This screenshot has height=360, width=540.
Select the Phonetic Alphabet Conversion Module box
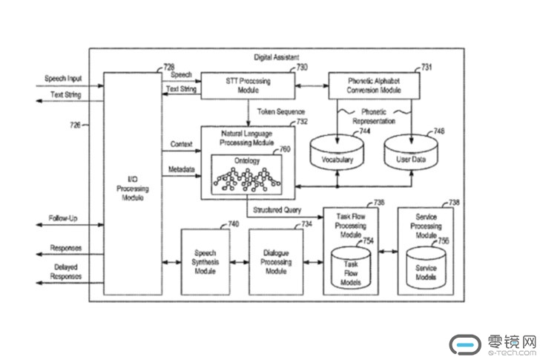[374, 85]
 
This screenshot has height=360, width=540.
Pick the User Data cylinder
[409, 153]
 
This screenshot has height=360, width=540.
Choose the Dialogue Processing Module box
[275, 262]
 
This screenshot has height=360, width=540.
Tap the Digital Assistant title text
[276, 57]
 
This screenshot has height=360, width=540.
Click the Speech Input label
[63, 79]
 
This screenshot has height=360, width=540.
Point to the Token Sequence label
[280, 112]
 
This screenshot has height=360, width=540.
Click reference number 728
[169, 68]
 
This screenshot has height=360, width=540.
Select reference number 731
[426, 68]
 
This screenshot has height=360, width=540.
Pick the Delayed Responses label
[66, 272]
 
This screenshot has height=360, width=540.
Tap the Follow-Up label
[64, 219]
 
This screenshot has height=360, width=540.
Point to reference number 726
[76, 125]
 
